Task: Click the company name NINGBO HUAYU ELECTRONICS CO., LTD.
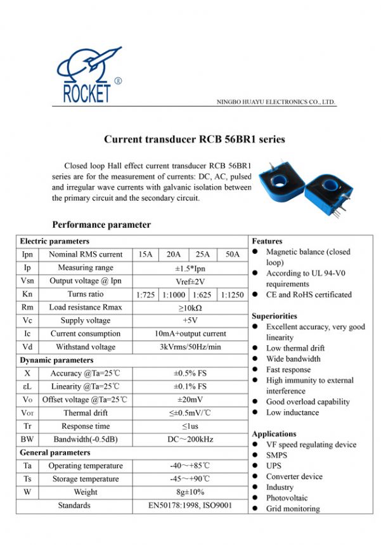pos(276,102)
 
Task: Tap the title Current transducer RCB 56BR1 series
pos(195,139)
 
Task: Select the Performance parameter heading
pos(101,225)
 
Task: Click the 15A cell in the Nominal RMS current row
pos(145,254)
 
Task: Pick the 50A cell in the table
pos(233,254)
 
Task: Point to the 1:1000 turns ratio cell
pos(174,294)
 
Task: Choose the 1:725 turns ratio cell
pos(145,294)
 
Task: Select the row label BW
pos(27,439)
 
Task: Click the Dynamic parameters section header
pos(56,360)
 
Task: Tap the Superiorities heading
pos(274,316)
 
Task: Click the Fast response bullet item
pos(288,369)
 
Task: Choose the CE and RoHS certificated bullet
pos(309,294)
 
